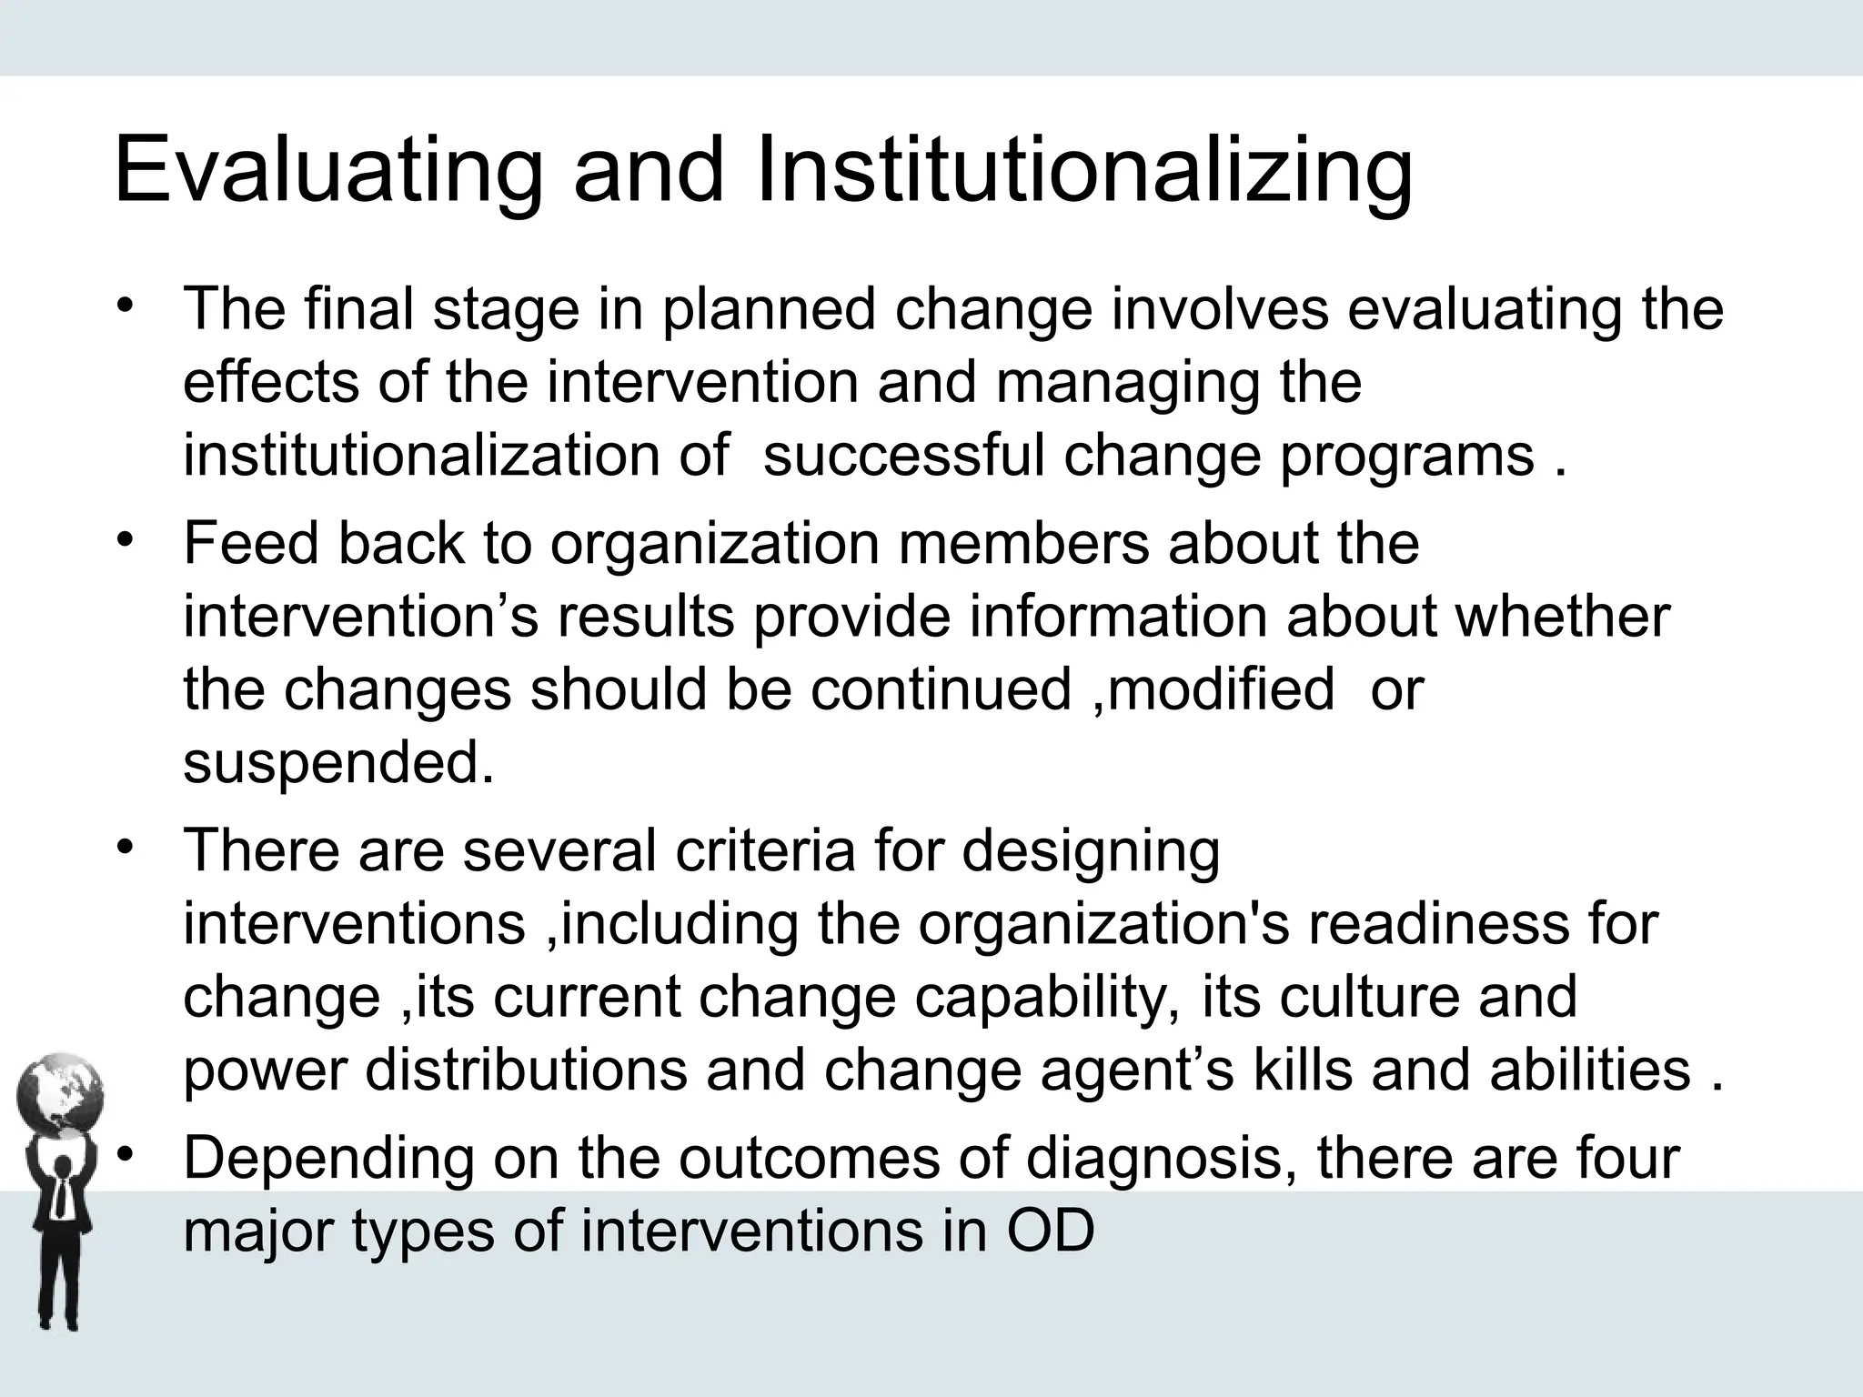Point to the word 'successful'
[x=903, y=455]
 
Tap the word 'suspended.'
[x=338, y=762]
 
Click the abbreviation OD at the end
[x=1050, y=1231]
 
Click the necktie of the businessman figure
[x=60, y=1199]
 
